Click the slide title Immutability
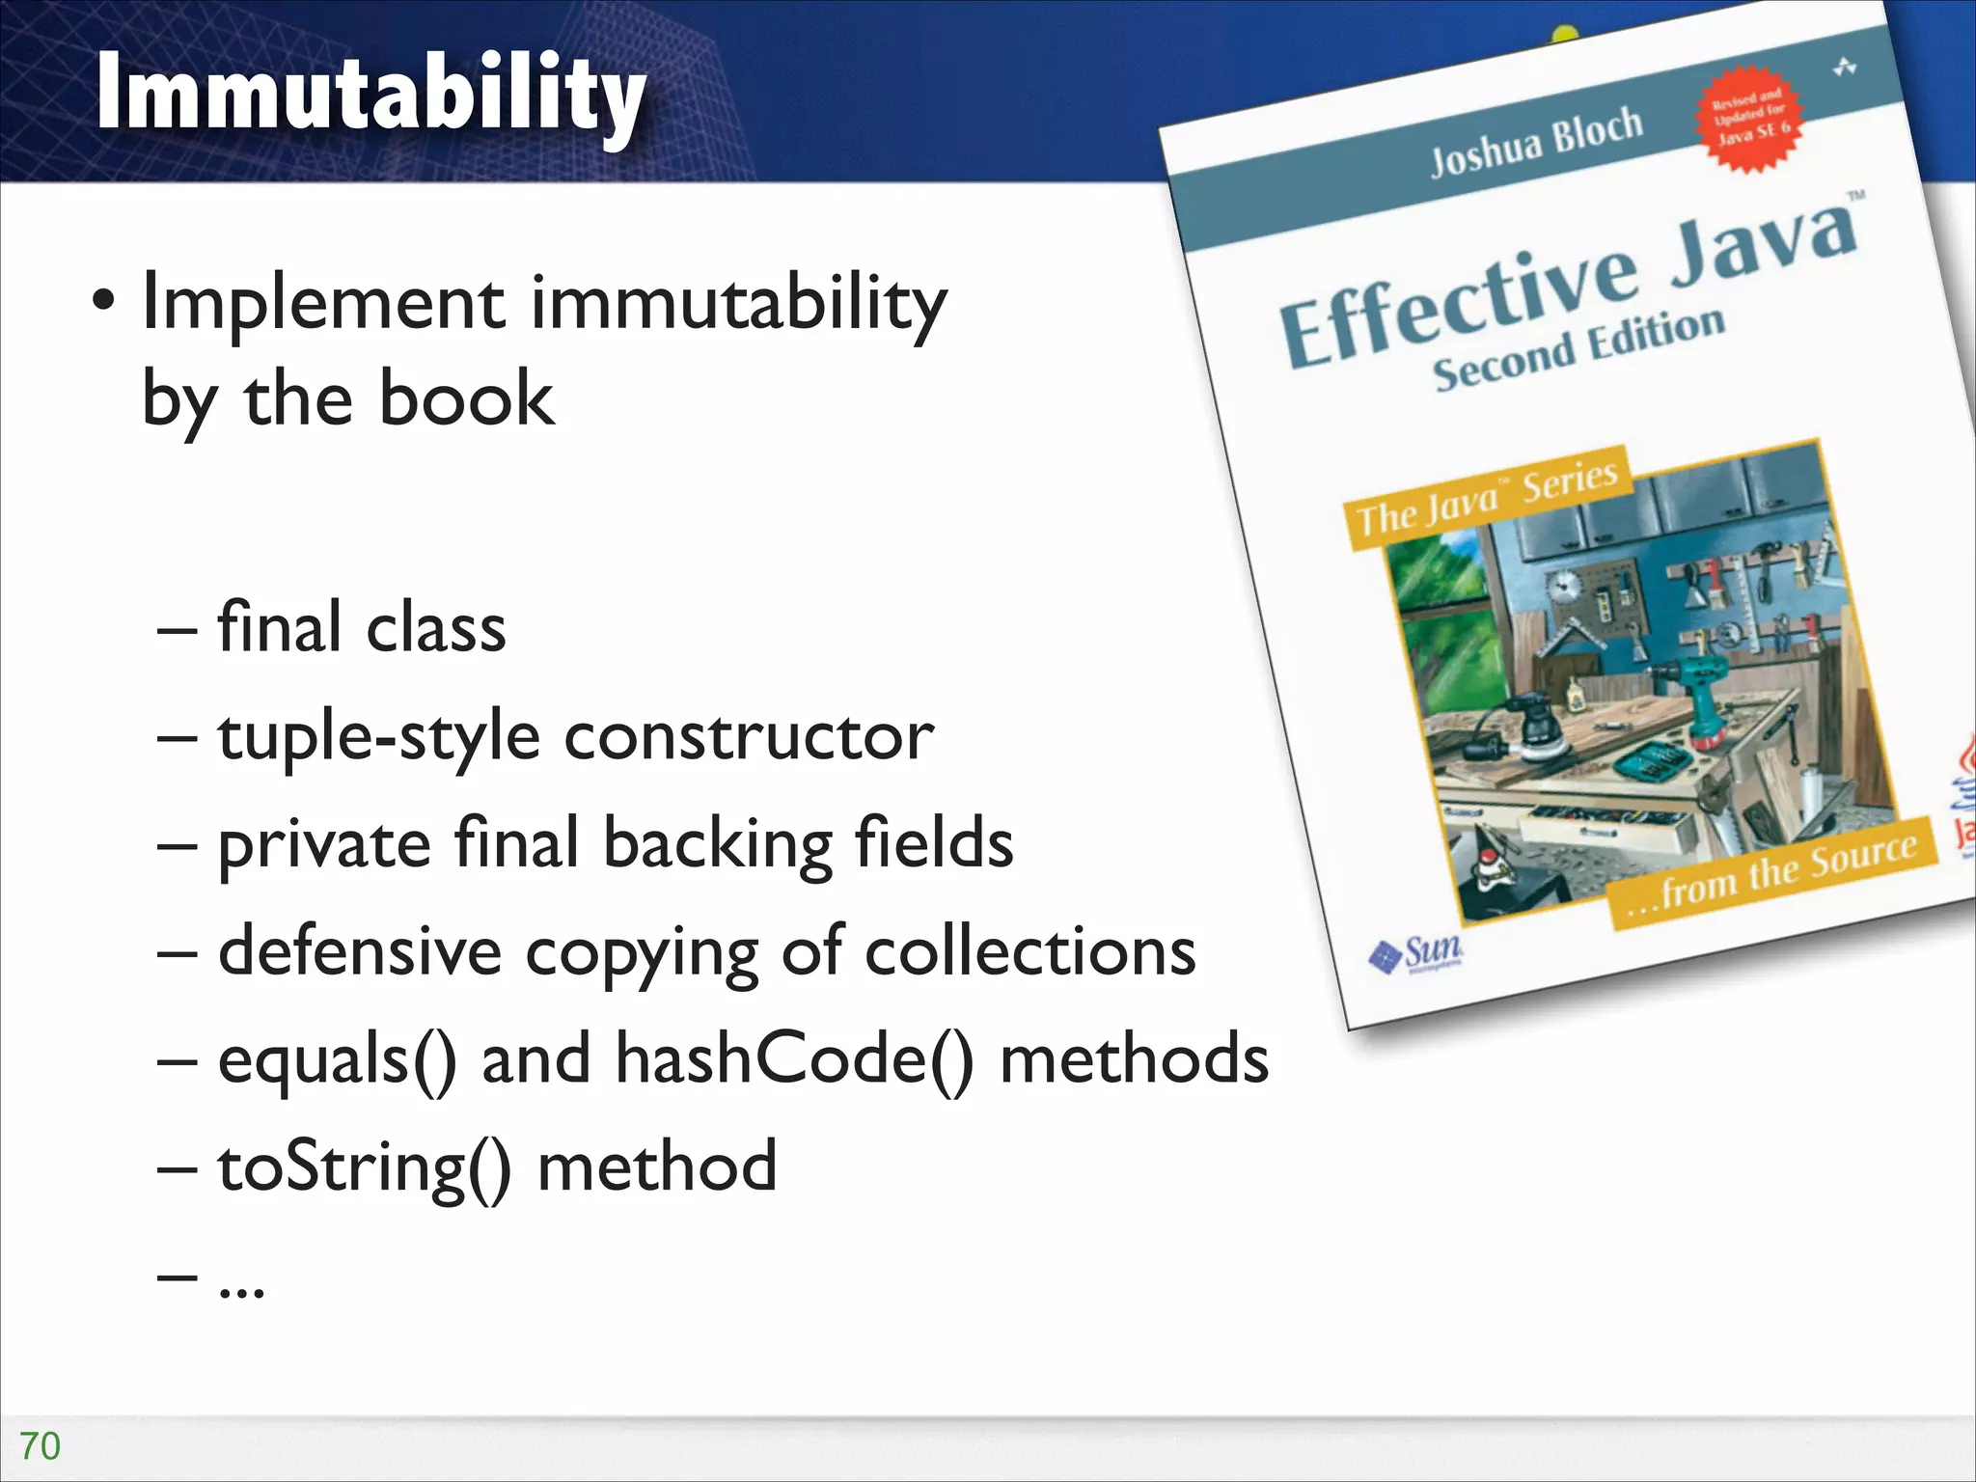click(371, 95)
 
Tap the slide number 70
click(40, 1446)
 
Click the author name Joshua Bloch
click(1536, 143)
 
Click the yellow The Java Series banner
click(1488, 497)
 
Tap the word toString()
click(364, 1168)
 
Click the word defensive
click(360, 952)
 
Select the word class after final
click(436, 630)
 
